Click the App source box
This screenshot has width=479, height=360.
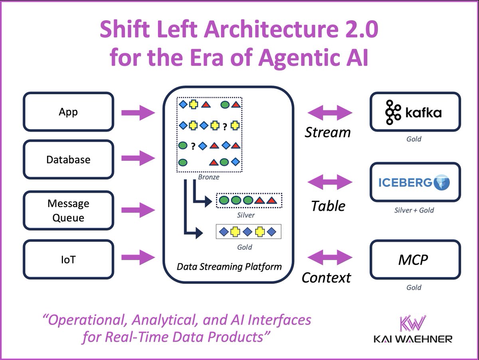click(x=68, y=112)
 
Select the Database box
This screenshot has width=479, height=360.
click(x=68, y=160)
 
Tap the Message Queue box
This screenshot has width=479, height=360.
click(x=68, y=210)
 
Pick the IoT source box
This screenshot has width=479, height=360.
click(x=68, y=260)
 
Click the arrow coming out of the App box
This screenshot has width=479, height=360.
click(x=138, y=113)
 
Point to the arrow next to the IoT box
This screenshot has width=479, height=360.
click(x=138, y=255)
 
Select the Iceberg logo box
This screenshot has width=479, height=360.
click(x=415, y=182)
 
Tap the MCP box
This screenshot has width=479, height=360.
click(x=415, y=260)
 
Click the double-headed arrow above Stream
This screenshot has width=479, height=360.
click(x=330, y=113)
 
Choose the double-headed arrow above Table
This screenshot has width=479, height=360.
click(x=330, y=183)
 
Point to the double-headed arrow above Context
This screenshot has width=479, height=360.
click(x=330, y=256)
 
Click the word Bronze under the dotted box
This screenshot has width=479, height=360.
click(x=208, y=176)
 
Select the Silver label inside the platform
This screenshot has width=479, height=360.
click(x=245, y=215)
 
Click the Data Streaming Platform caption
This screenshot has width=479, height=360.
click(x=229, y=266)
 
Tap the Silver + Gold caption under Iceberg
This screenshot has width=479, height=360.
click(x=414, y=210)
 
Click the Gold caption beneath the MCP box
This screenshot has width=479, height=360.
click(x=414, y=287)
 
